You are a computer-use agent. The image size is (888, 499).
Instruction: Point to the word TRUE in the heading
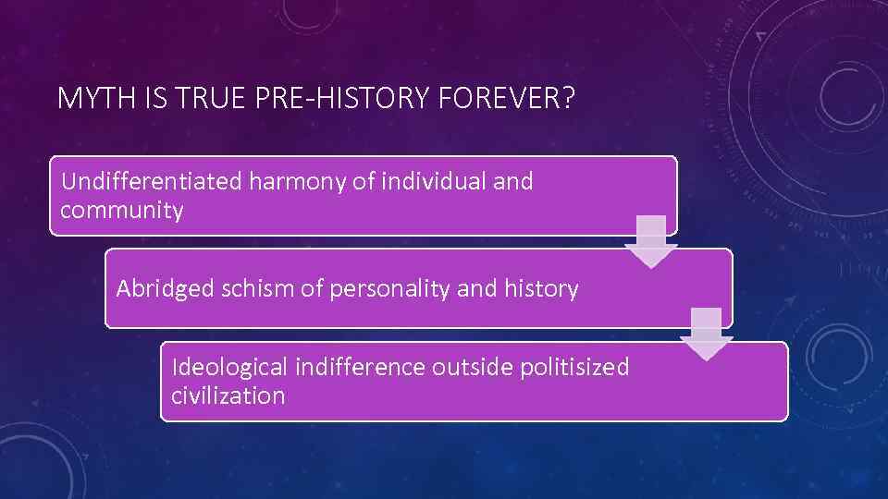click(208, 98)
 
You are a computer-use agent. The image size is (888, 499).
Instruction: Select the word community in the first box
click(121, 211)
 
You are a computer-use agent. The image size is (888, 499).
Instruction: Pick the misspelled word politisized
click(573, 368)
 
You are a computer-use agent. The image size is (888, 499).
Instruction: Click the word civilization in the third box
click(228, 397)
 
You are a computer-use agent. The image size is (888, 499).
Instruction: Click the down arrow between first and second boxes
click(651, 241)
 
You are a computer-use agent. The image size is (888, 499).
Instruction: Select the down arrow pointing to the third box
click(706, 334)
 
